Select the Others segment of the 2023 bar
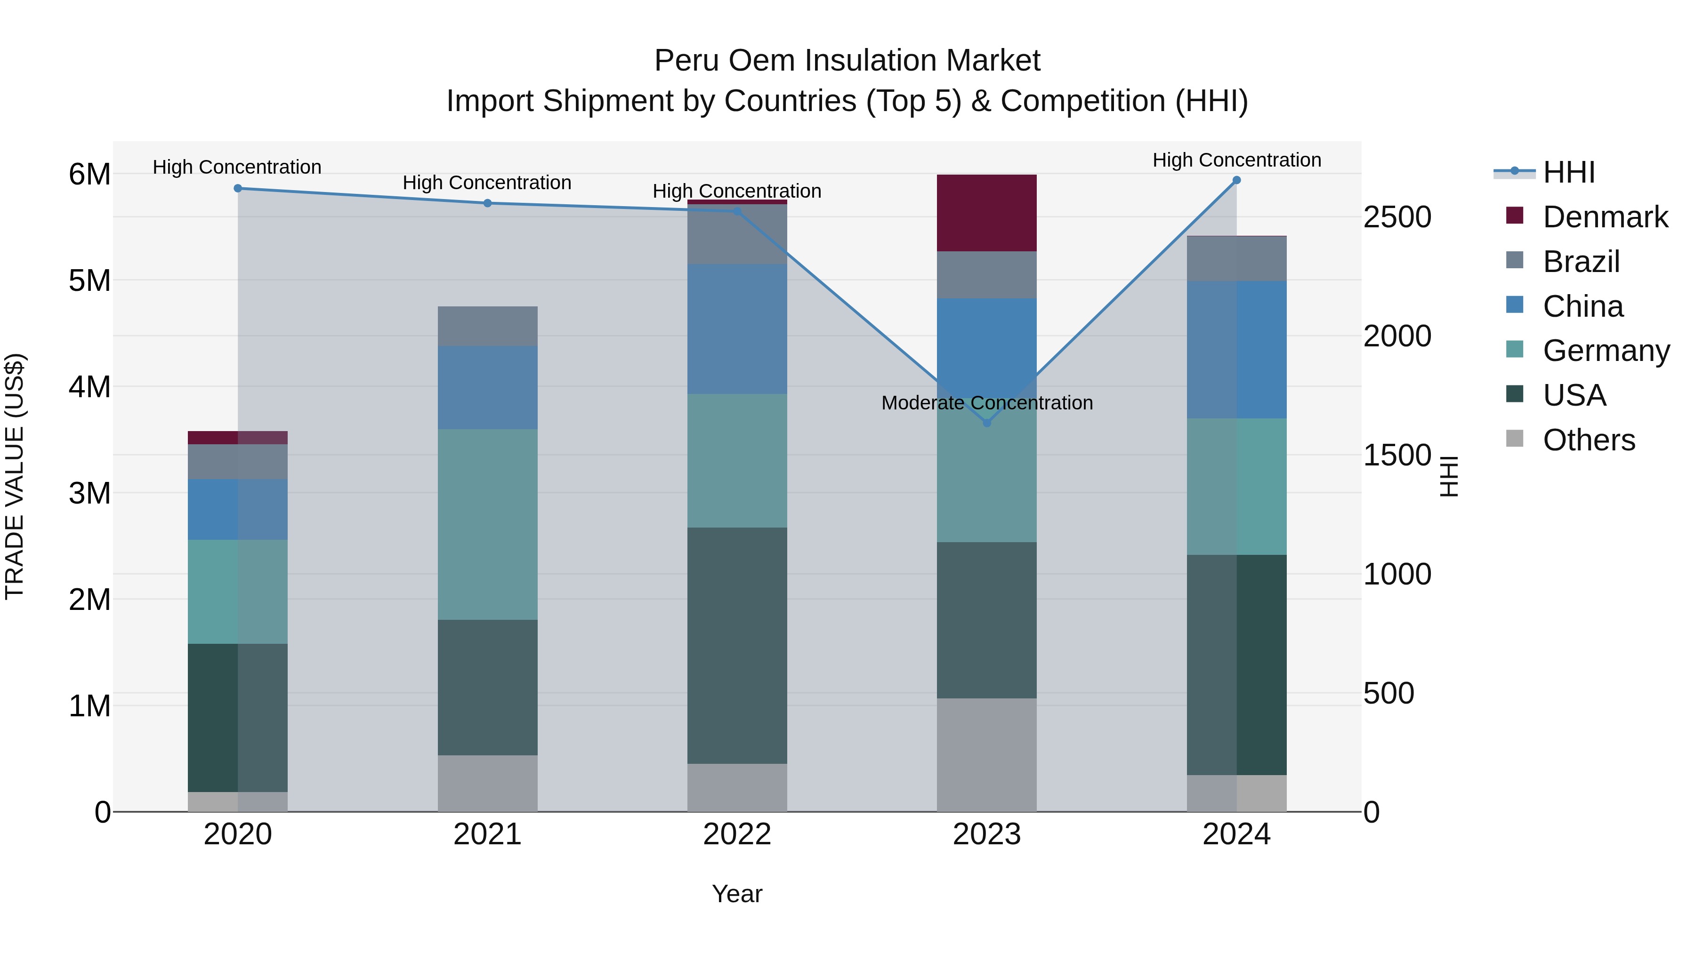tap(986, 754)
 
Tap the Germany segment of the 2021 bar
tap(488, 524)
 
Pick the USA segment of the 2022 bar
tap(737, 645)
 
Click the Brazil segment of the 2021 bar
tap(488, 326)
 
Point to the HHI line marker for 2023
tap(986, 423)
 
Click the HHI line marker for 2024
tap(1236, 180)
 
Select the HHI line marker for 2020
tap(238, 188)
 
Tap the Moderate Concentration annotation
tap(986, 402)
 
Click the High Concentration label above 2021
tap(487, 183)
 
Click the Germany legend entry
tap(1606, 351)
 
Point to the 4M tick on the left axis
tap(89, 387)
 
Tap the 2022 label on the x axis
tap(737, 834)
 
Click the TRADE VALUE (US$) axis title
tap(15, 476)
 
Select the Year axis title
tap(737, 894)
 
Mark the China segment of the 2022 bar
tap(737, 329)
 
